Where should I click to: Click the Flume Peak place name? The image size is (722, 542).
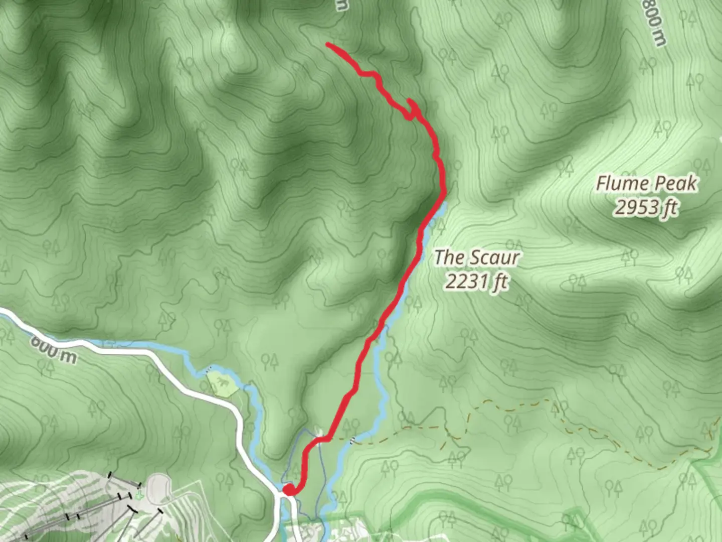point(646,184)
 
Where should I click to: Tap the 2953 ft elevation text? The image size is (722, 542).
point(646,207)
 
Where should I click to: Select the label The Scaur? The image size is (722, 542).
point(476,257)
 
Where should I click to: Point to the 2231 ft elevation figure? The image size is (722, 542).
point(476,282)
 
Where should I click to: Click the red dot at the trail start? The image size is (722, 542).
point(289,489)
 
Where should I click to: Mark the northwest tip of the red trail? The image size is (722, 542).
point(328,45)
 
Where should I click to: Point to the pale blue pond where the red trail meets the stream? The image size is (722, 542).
point(438,211)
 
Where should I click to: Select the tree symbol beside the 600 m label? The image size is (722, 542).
point(49,368)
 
